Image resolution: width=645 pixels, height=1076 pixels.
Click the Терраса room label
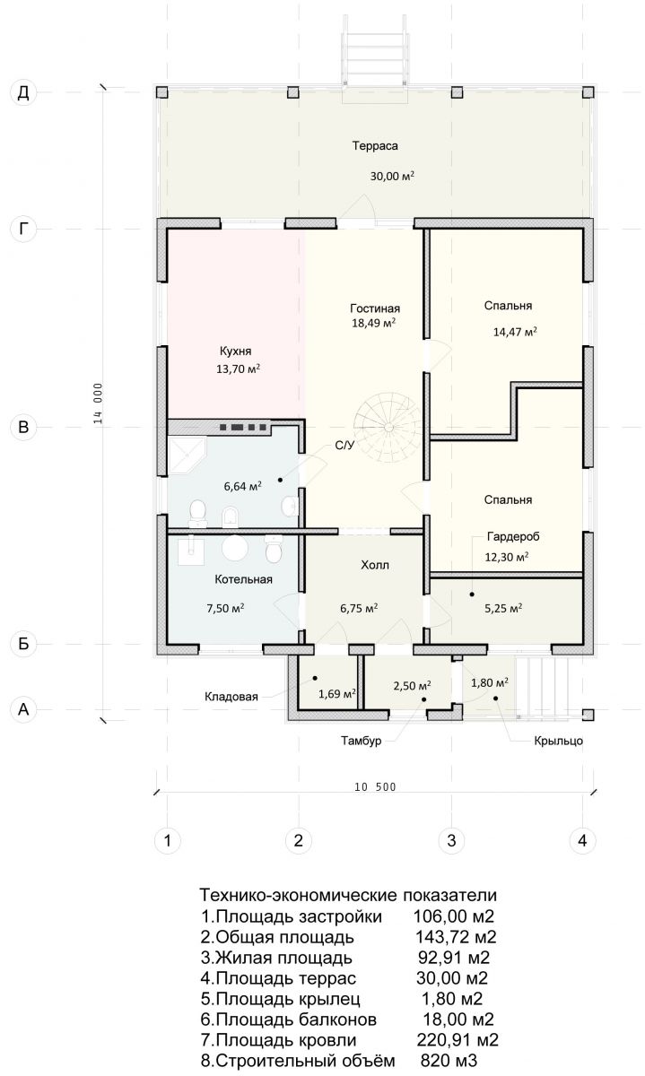(375, 145)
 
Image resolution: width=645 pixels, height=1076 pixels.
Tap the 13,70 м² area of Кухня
(239, 369)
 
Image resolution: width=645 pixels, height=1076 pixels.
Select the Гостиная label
(375, 308)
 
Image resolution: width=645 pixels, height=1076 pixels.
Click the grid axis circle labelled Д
(23, 92)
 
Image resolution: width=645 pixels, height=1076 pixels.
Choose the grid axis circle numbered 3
(451, 841)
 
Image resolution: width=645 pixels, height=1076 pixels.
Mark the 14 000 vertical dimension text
(99, 403)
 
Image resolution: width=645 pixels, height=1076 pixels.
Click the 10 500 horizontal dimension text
(375, 787)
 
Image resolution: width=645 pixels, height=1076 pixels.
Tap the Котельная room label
(244, 579)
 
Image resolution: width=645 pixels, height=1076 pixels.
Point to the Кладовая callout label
(231, 697)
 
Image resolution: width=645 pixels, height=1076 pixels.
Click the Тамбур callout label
(362, 741)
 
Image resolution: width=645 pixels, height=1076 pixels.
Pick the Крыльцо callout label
(559, 741)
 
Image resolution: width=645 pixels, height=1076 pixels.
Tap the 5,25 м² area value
(503, 608)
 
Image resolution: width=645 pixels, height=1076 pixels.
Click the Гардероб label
(513, 536)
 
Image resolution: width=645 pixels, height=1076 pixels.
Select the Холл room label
(375, 565)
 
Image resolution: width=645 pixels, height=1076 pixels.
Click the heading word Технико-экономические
(298, 896)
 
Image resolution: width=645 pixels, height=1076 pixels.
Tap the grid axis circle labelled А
(23, 709)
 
